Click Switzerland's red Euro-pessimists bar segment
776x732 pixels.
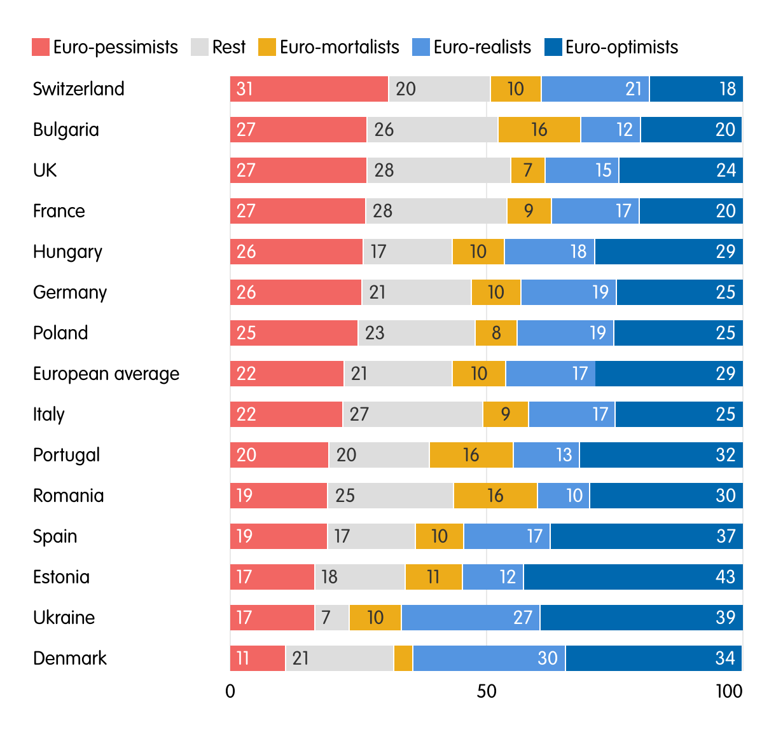point(309,89)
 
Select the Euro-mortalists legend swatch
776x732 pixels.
point(268,48)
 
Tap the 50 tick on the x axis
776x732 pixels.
point(487,691)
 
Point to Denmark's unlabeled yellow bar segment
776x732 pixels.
point(403,658)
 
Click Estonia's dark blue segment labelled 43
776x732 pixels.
point(633,577)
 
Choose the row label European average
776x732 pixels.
point(106,374)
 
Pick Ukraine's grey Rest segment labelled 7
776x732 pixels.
point(332,618)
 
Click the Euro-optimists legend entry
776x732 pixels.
point(611,48)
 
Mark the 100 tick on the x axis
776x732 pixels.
point(729,691)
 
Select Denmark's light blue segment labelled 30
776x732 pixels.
point(489,658)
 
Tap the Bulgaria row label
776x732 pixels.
point(66,130)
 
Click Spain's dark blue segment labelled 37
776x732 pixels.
point(646,536)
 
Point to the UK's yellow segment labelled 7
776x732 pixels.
point(528,170)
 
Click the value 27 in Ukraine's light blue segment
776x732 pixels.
point(523,618)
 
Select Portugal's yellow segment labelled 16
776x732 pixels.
point(471,455)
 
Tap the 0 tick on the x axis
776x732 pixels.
point(230,691)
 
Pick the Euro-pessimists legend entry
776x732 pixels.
point(105,48)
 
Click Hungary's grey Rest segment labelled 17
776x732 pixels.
point(408,252)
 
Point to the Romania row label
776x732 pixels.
point(69,496)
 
